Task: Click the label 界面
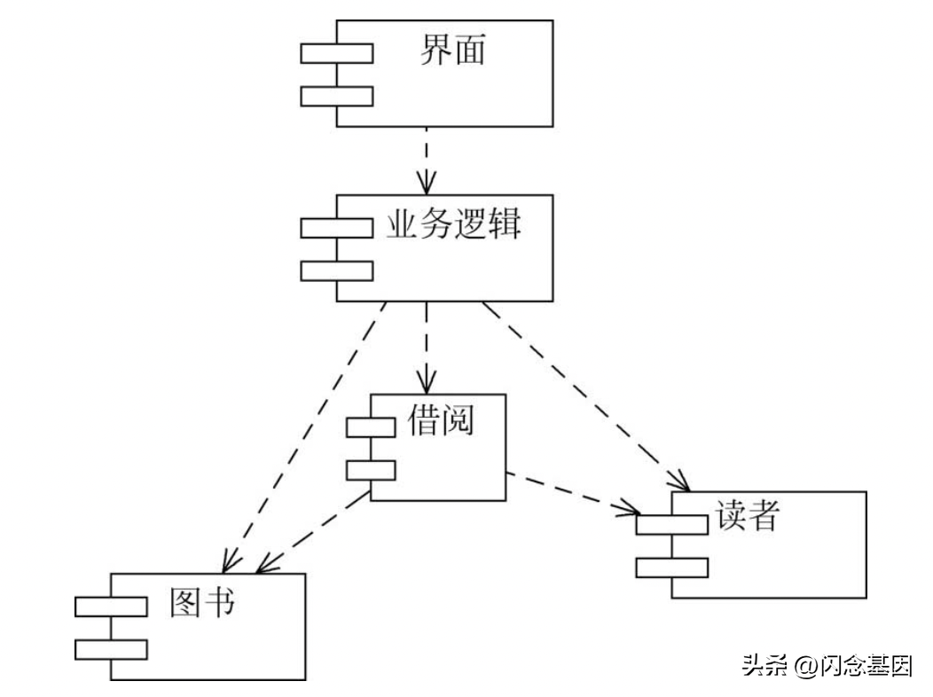tap(452, 51)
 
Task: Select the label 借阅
tap(441, 419)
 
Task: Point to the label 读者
tap(745, 514)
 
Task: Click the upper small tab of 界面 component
tap(336, 53)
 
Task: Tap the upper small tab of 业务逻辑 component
tap(336, 228)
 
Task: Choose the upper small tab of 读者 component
tap(671, 524)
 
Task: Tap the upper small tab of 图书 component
tap(111, 607)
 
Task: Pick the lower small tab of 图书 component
tap(111, 649)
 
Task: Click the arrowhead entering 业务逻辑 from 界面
tap(427, 184)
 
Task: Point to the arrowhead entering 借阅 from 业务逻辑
tap(427, 383)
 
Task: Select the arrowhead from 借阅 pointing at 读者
tap(631, 509)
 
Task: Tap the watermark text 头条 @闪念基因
tap(827, 666)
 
